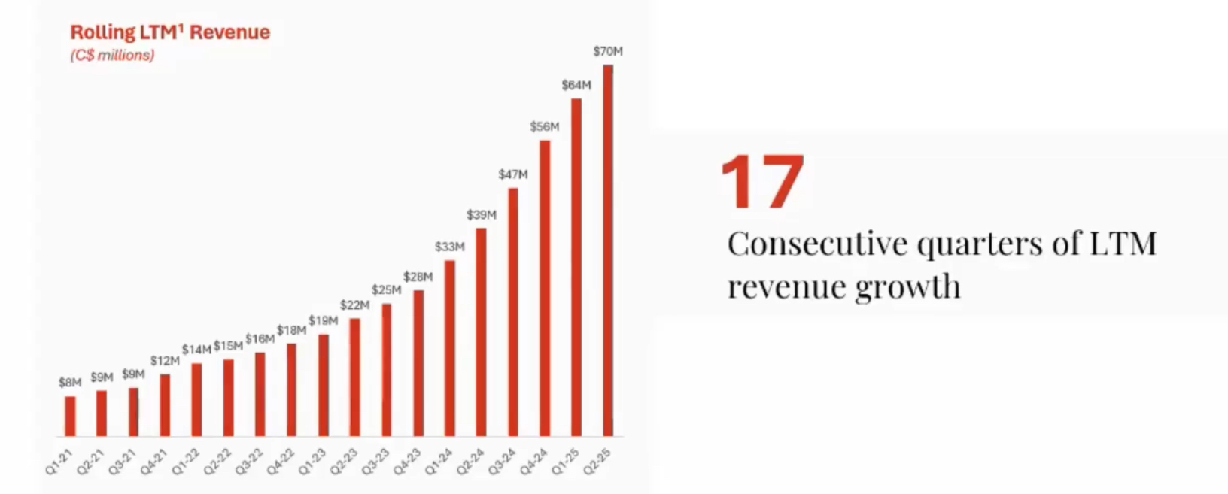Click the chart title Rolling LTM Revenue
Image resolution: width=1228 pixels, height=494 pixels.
pos(169,32)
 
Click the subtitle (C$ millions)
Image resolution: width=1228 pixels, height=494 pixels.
pos(112,56)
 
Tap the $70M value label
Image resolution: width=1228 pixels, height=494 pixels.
pos(608,51)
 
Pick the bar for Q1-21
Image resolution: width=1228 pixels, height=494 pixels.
pos(70,416)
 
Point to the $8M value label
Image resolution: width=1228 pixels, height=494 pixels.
pos(70,383)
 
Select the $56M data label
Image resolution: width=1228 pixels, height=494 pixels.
pos(545,126)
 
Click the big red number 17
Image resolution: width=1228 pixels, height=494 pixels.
pos(762,183)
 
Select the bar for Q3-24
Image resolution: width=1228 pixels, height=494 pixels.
pos(513,312)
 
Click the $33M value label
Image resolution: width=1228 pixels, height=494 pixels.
pos(450,247)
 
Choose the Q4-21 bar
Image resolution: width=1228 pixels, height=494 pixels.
pos(165,405)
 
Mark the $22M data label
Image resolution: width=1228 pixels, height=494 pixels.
pos(354,305)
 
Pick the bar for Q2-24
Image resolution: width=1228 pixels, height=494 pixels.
pos(482,332)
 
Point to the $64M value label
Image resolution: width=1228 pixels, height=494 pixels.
pos(576,85)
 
